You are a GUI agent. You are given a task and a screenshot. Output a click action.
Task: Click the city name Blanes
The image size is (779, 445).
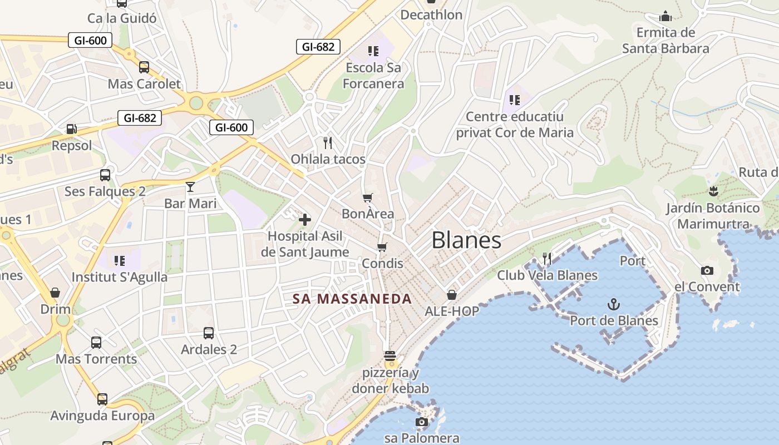[x=466, y=240]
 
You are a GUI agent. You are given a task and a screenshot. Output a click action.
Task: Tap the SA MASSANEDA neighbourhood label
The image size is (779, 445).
[x=352, y=299]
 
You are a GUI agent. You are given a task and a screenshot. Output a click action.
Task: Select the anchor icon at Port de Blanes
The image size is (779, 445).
[x=613, y=304]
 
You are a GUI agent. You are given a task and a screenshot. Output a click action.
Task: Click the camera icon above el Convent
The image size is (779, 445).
[x=707, y=271]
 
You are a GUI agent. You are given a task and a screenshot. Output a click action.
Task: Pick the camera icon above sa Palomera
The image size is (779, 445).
[x=422, y=422]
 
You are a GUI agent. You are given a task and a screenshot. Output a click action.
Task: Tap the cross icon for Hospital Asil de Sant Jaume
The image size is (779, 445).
[x=305, y=220]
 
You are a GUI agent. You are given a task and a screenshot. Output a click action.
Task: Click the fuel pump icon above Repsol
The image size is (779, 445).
[x=71, y=129]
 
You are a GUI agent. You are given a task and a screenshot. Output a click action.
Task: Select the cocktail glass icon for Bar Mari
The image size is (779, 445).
[x=190, y=186]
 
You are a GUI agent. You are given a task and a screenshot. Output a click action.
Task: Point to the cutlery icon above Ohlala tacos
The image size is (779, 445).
[x=328, y=143]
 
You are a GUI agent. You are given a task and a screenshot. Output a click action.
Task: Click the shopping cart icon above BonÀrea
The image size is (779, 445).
[x=367, y=197]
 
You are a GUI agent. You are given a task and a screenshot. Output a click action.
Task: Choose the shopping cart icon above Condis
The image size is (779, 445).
[x=382, y=246]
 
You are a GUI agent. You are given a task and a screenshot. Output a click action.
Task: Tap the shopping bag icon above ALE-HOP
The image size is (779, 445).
[x=452, y=295]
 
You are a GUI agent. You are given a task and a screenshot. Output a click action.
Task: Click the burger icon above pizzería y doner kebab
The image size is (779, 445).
[x=389, y=356]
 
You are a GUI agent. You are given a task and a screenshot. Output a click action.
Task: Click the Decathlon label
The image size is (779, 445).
[x=431, y=15]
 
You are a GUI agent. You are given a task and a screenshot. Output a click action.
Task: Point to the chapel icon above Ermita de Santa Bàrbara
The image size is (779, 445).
[x=665, y=17]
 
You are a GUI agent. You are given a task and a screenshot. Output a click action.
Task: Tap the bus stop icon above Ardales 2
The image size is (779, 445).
[x=209, y=333]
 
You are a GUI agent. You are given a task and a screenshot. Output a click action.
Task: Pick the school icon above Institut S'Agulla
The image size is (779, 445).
[x=119, y=260]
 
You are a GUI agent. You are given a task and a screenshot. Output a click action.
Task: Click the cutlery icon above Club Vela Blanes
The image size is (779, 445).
[x=547, y=258]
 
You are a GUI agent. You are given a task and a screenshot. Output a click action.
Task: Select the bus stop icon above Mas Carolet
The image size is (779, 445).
[x=144, y=67]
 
